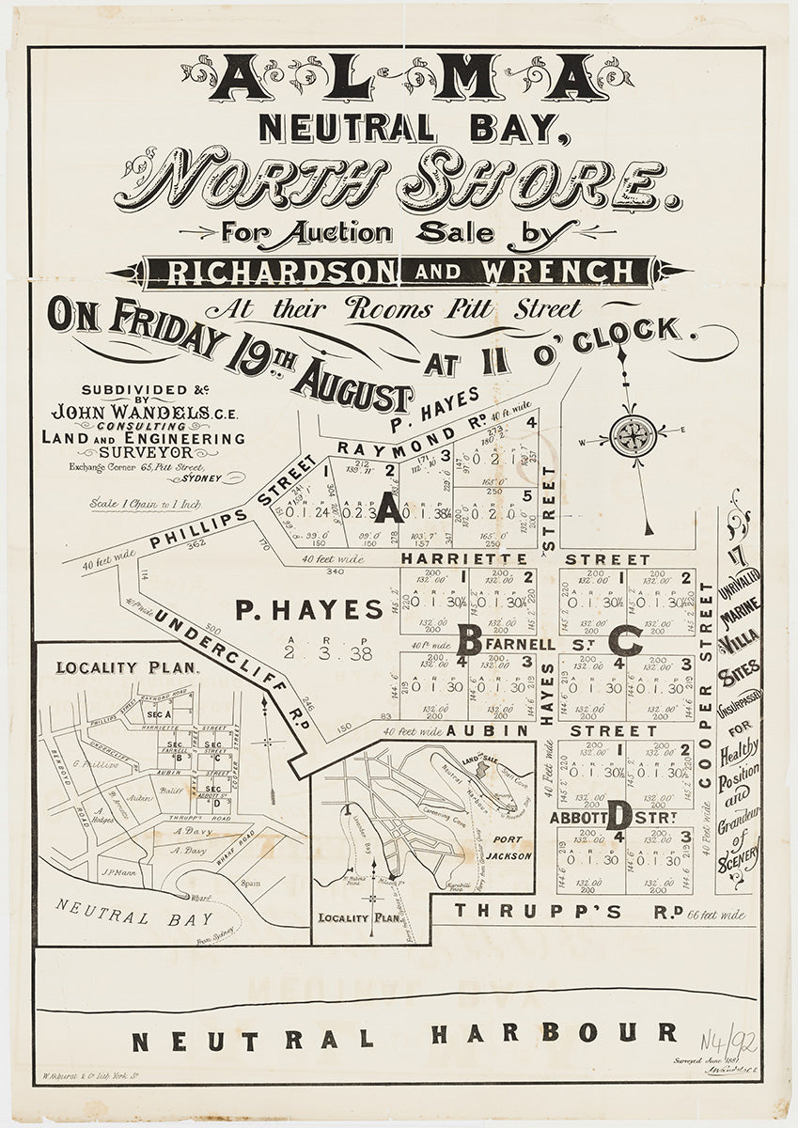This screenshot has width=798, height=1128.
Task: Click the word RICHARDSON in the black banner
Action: pos(278,272)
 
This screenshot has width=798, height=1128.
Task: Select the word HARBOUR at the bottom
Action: pos(555,1033)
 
